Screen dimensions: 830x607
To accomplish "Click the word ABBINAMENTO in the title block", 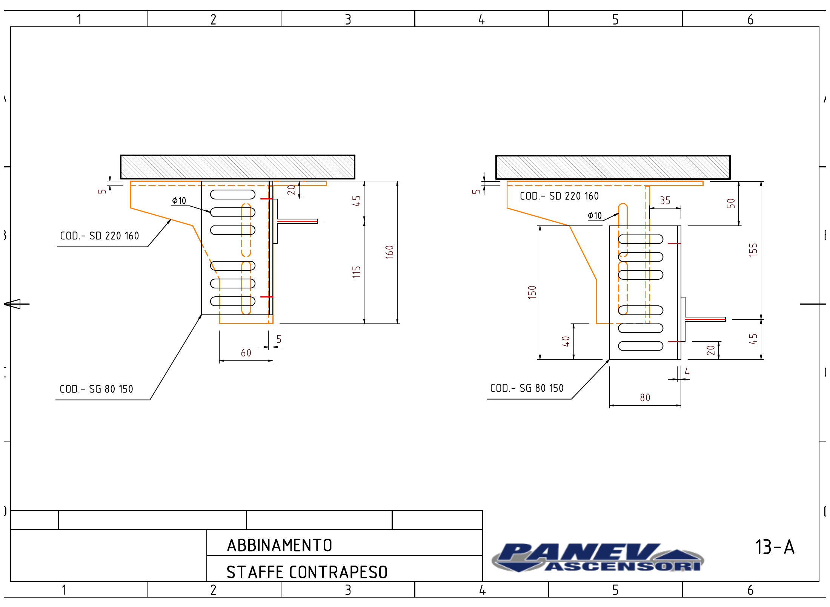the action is pos(280,545).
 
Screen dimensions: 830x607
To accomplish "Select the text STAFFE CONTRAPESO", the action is pos(307,572).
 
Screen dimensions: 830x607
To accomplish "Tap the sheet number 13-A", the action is pos(775,547).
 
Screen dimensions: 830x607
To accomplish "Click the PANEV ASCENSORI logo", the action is pos(598,557).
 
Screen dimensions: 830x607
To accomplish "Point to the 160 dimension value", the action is pos(389,252).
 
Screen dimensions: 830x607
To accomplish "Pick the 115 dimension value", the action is pos(357,272).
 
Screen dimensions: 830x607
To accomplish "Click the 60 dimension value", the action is pos(246,353).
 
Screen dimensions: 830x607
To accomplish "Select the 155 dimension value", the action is pos(753,250).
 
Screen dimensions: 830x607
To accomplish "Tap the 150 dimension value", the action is pos(532,292).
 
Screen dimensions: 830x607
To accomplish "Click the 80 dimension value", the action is pos(645,397).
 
